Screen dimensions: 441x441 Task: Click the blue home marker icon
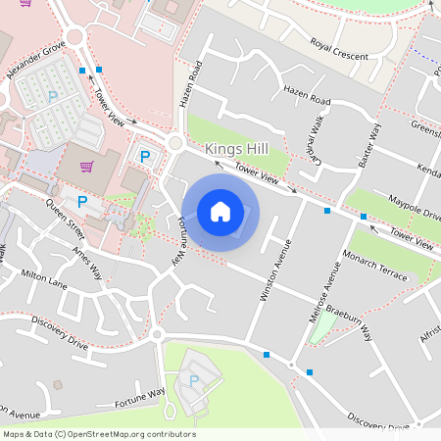click(x=220, y=211)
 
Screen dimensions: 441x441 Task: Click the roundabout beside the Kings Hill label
click(x=175, y=143)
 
